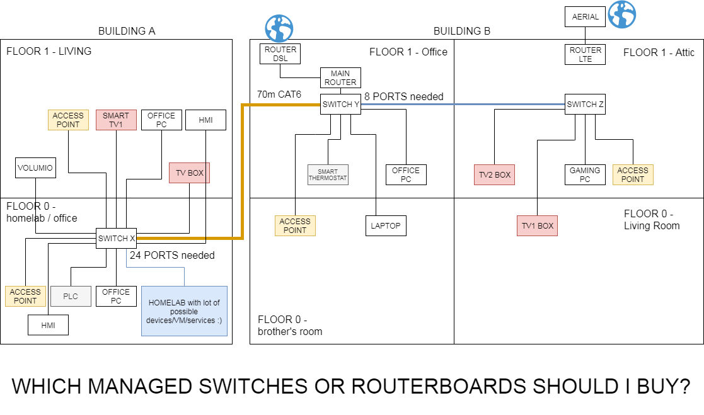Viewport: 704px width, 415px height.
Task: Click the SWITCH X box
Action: point(116,238)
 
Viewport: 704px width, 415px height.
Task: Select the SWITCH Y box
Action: point(340,104)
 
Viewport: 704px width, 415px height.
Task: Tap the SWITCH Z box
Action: point(585,105)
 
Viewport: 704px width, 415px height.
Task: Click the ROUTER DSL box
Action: point(280,54)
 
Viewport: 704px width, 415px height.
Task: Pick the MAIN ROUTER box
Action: point(340,77)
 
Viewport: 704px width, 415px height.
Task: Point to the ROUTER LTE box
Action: point(586,54)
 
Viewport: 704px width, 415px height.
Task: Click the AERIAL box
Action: point(586,17)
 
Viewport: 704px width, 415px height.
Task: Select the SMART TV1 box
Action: point(116,120)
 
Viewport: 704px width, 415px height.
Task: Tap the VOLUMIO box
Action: point(35,168)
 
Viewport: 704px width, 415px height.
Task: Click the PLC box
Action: point(71,296)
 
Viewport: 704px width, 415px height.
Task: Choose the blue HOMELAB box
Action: point(184,311)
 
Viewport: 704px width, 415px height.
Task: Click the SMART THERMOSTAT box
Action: point(328,175)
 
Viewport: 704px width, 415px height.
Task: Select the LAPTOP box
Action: point(386,225)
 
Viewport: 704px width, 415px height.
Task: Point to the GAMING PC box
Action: point(585,174)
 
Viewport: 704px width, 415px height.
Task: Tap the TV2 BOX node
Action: point(494,174)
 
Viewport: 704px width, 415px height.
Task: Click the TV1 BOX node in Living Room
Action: point(537,225)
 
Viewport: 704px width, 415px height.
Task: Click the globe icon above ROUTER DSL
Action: point(279,28)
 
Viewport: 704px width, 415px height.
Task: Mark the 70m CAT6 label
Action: point(279,94)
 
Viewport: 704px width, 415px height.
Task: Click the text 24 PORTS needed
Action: point(172,255)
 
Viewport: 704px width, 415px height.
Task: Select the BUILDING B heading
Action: point(461,31)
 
